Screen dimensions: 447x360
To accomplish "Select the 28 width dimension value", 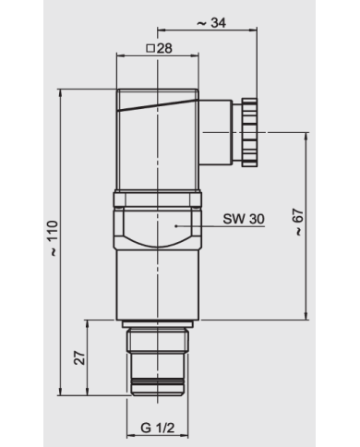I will pos(166,49).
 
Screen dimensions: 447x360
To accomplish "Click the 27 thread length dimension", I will pos(80,356).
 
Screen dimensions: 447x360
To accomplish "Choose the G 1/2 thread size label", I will pos(159,429).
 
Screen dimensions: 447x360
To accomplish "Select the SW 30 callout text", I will pos(244,219).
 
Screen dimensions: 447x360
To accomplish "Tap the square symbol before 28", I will pos(150,49).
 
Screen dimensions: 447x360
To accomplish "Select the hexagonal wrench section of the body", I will pos(157,226).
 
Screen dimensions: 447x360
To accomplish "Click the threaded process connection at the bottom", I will pos(159,360).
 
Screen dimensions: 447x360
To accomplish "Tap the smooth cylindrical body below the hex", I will pos(157,286).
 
